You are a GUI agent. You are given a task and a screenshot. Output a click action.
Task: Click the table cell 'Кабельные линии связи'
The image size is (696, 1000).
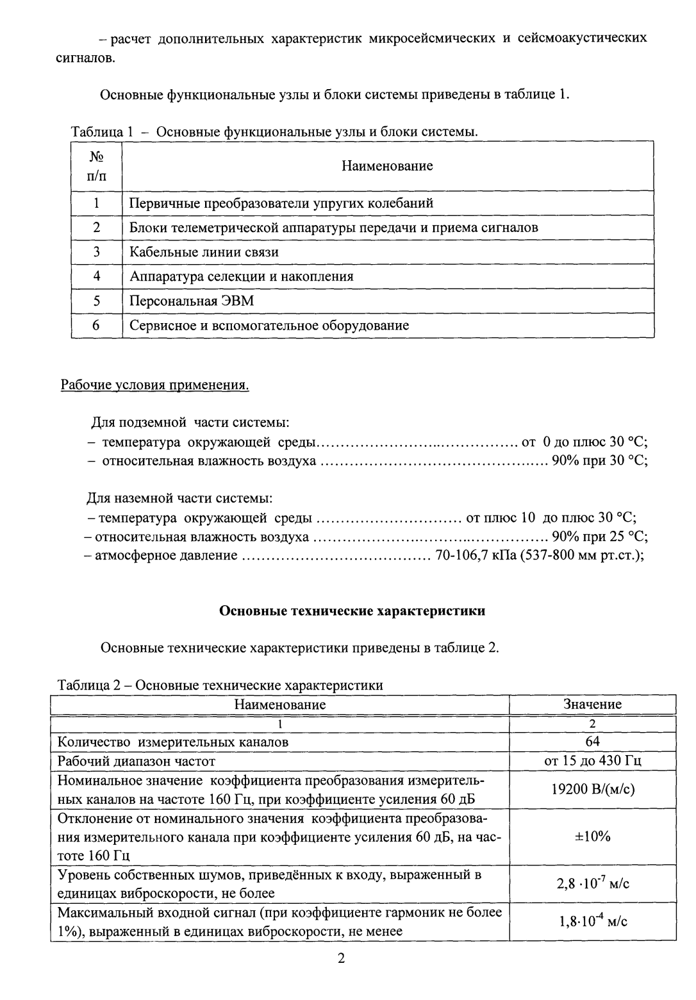pos(204,252)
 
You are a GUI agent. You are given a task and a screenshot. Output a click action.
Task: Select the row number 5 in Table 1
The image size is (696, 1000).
pos(96,301)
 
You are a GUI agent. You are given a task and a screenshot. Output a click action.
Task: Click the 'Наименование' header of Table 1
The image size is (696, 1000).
pos(387,166)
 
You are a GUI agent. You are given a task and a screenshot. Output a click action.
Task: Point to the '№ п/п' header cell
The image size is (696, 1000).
pos(96,166)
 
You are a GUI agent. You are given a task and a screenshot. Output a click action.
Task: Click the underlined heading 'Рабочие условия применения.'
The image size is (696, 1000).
pos(154,385)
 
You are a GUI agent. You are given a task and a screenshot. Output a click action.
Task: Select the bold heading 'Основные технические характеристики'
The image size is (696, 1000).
pos(352,611)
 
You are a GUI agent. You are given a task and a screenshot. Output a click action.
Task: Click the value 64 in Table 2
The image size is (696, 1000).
pos(592,742)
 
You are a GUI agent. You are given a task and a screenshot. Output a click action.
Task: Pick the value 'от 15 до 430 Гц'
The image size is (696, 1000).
pos(592,761)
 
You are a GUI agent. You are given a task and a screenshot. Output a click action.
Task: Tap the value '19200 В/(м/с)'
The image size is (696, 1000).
pos(592,790)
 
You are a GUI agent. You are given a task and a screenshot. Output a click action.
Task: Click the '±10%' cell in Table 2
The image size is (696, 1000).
pos(592,837)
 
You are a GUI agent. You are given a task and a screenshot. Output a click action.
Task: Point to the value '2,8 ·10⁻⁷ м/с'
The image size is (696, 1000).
pos(592,884)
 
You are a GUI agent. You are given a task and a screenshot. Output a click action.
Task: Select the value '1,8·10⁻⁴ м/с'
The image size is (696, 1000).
pos(592,922)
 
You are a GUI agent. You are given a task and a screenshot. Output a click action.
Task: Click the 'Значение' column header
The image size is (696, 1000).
pos(592,704)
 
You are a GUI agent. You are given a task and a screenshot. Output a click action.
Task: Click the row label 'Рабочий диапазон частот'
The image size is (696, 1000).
pos(137,761)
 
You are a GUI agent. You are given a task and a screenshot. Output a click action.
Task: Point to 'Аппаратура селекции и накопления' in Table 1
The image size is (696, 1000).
pos(242,276)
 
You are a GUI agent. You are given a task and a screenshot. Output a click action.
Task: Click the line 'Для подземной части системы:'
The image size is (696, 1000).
pos(190,423)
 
